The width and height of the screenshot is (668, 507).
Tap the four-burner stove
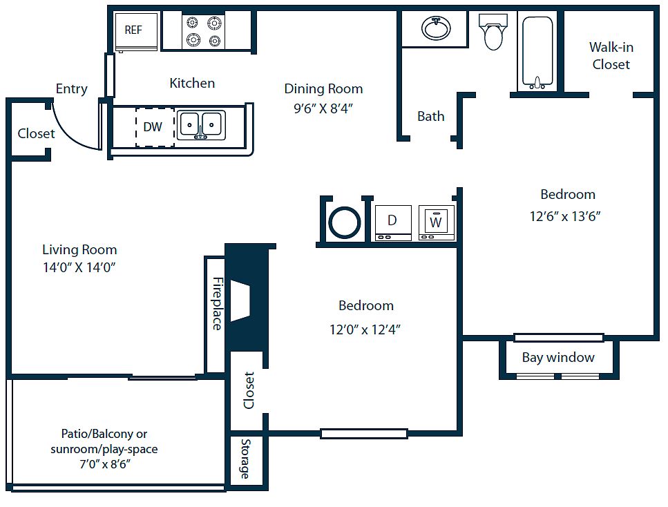pyautogui.click(x=204, y=32)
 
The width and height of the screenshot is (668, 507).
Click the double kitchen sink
pyautogui.click(x=201, y=125)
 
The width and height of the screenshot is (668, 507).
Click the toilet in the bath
pyautogui.click(x=493, y=32)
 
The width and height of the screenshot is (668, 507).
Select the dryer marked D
pyautogui.click(x=392, y=222)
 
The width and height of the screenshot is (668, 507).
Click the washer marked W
pyautogui.click(x=436, y=222)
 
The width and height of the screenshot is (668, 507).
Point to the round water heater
pyautogui.click(x=344, y=222)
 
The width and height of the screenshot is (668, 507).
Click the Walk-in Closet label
pyautogui.click(x=611, y=56)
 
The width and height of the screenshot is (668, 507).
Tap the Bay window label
pyautogui.click(x=558, y=357)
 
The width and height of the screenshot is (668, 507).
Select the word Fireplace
pyautogui.click(x=217, y=303)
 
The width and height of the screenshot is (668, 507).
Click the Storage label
pyautogui.click(x=245, y=459)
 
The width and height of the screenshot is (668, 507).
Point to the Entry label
pyautogui.click(x=72, y=88)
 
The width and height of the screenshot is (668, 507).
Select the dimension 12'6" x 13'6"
pyautogui.click(x=566, y=216)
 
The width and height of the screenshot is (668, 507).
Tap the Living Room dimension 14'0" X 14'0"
pyautogui.click(x=79, y=267)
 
